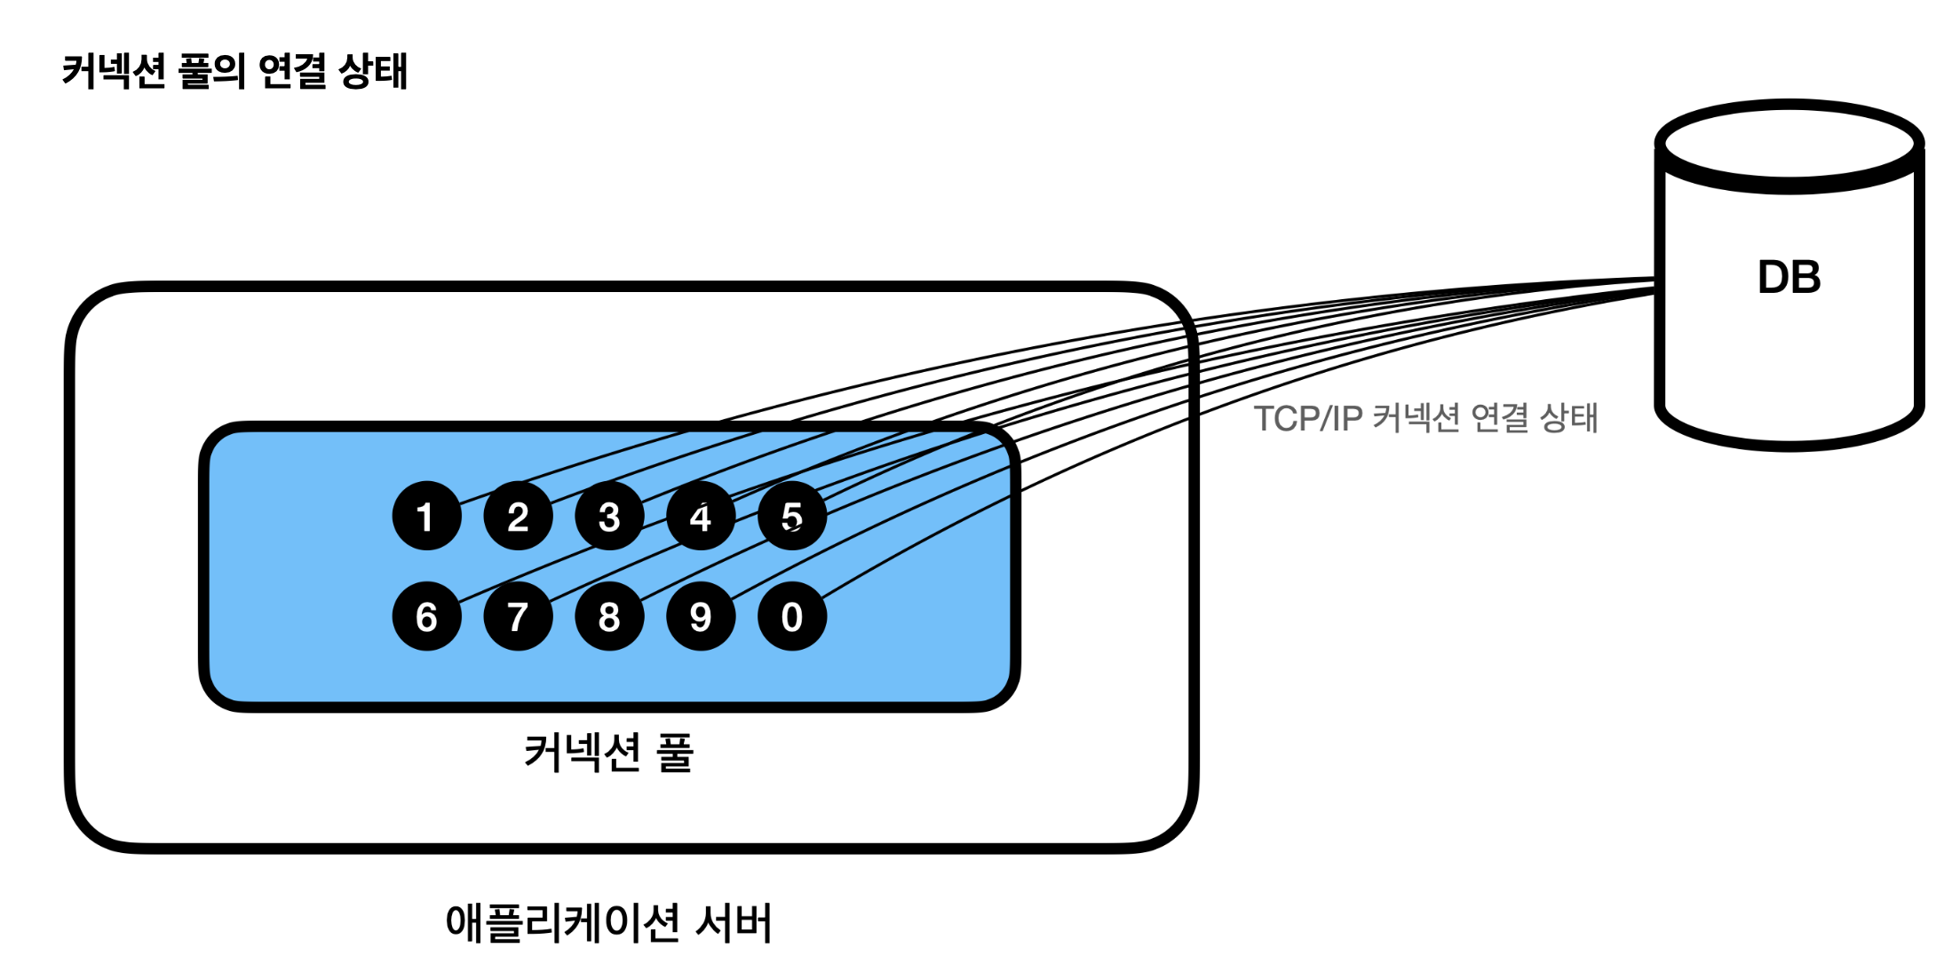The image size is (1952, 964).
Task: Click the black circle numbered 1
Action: point(426,516)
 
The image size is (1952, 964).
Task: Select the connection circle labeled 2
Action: point(518,516)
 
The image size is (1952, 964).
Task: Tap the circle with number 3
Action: point(609,516)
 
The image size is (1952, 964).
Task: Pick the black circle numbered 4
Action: point(701,516)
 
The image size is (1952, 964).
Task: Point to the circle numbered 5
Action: point(792,516)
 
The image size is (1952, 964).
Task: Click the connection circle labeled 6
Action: point(426,616)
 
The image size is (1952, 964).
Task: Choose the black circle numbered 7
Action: point(518,616)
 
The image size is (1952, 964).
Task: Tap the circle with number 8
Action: point(609,616)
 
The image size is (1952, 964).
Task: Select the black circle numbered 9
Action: point(701,616)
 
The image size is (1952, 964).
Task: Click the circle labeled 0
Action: point(792,616)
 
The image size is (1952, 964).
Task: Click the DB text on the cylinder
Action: point(1789,277)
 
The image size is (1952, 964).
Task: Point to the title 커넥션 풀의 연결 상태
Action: point(234,71)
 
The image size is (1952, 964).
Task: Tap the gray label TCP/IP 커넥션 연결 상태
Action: point(1424,418)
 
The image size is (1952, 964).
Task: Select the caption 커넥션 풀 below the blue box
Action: point(608,753)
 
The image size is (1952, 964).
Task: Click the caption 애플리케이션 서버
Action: point(608,923)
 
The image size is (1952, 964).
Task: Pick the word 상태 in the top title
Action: point(373,71)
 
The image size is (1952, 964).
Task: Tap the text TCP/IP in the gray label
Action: point(1307,418)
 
